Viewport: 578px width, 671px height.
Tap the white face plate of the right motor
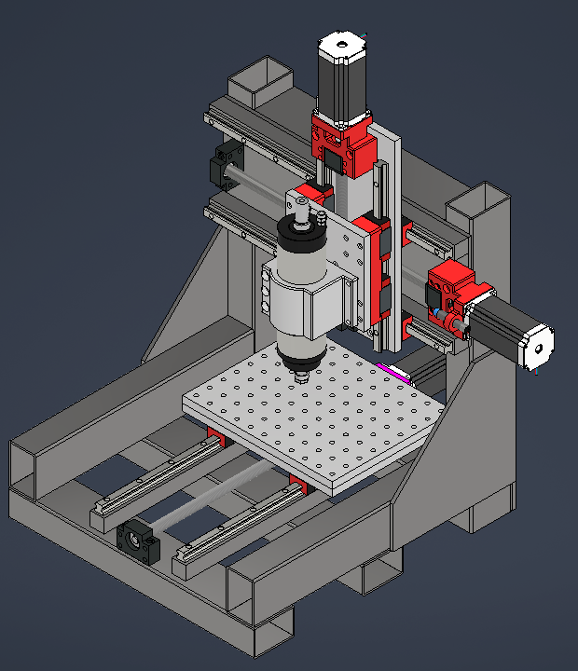click(x=538, y=347)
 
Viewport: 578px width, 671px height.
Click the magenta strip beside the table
click(x=395, y=372)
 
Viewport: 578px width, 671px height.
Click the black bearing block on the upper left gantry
click(x=224, y=164)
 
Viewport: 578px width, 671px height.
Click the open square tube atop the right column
click(x=481, y=204)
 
